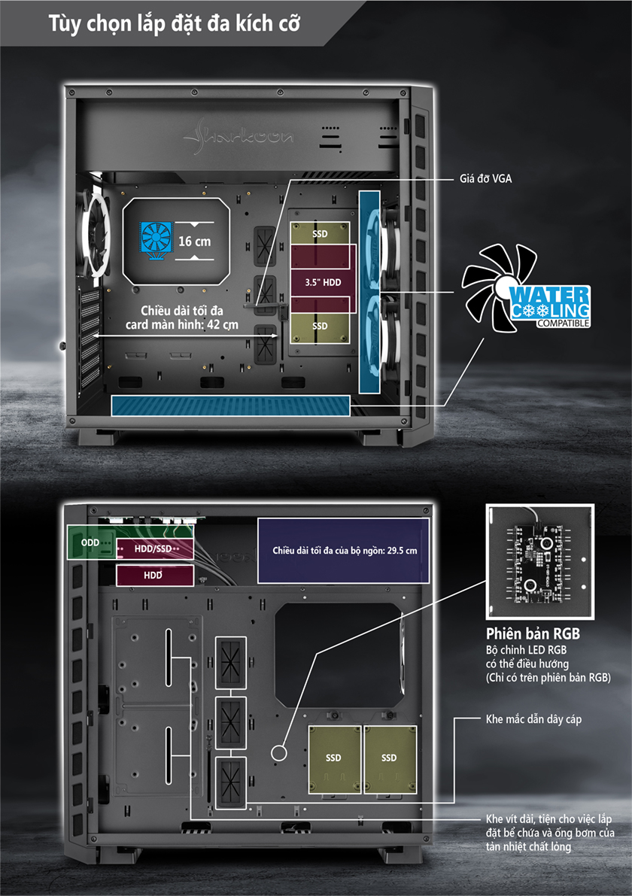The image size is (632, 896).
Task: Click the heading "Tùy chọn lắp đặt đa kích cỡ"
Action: point(174,24)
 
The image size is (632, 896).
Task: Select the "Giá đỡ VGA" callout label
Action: point(486,179)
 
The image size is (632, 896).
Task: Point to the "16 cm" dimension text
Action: point(194,241)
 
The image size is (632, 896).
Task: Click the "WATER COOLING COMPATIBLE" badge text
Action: point(550,307)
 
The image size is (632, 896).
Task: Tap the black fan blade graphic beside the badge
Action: point(491,287)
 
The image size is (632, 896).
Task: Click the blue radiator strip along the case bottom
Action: point(230,405)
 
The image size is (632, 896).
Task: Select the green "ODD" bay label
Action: point(90,542)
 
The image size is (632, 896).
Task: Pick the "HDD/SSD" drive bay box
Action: point(155,548)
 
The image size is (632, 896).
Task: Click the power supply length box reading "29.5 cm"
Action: point(343,550)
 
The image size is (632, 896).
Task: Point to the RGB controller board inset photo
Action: point(540,562)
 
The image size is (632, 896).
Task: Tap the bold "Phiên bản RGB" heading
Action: point(533,633)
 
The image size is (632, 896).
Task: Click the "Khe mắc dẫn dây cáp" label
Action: point(533,719)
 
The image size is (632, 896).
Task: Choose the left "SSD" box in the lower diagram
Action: point(334,759)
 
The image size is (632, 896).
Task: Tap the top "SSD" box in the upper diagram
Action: point(320,234)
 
